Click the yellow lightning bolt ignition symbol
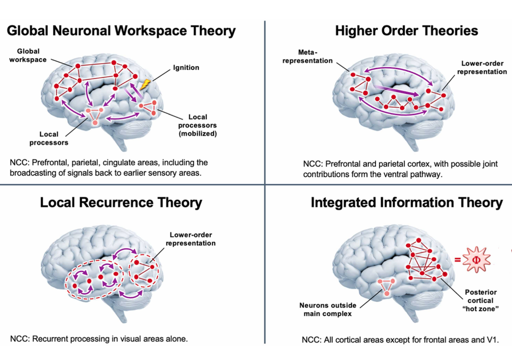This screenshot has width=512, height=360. click(x=145, y=85)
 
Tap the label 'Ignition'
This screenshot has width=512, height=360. click(x=186, y=67)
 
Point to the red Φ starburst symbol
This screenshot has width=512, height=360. click(x=475, y=259)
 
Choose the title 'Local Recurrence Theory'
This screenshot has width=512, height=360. click(x=121, y=202)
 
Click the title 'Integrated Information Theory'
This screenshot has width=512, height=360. click(x=406, y=202)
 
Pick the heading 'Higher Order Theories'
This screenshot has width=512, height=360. click(x=406, y=31)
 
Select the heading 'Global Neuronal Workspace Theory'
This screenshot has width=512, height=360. click(x=121, y=31)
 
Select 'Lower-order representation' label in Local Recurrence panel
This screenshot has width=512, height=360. click(x=192, y=239)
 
